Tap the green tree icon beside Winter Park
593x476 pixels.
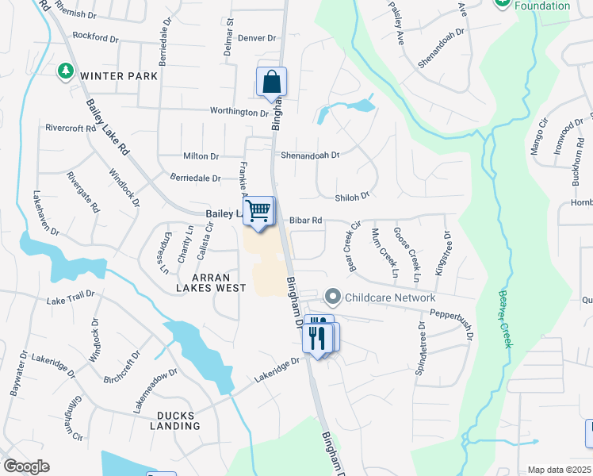click(65, 73)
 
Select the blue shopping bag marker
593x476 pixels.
click(271, 83)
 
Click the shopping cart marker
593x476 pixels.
click(258, 212)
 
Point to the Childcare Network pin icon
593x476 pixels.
click(333, 297)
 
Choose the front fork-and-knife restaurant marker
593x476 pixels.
click(316, 338)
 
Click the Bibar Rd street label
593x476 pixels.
click(305, 220)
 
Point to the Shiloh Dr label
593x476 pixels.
click(354, 195)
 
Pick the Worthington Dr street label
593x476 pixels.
click(239, 113)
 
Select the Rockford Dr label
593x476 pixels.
click(101, 36)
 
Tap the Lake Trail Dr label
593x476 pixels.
click(71, 300)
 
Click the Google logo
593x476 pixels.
click(26, 466)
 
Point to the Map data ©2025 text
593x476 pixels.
click(559, 470)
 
